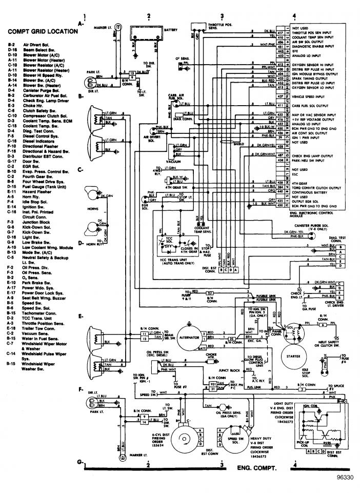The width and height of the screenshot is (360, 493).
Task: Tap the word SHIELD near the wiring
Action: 238,145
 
